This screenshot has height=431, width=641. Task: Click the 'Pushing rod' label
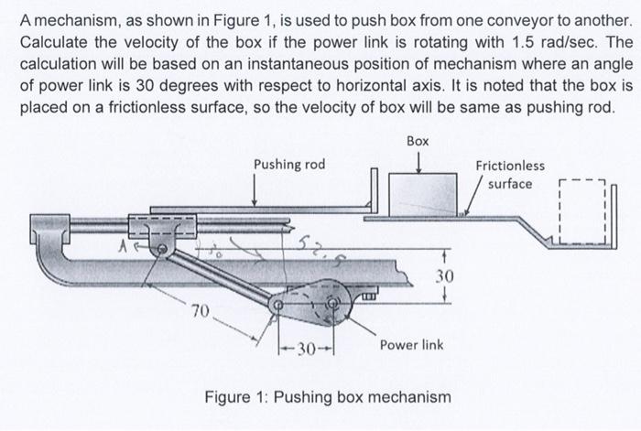[289, 164]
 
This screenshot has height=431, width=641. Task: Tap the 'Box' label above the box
[418, 143]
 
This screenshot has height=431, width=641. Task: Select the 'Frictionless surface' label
[510, 174]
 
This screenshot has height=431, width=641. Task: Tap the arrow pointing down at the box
[418, 161]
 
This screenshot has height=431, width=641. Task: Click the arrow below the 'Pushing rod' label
[254, 189]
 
